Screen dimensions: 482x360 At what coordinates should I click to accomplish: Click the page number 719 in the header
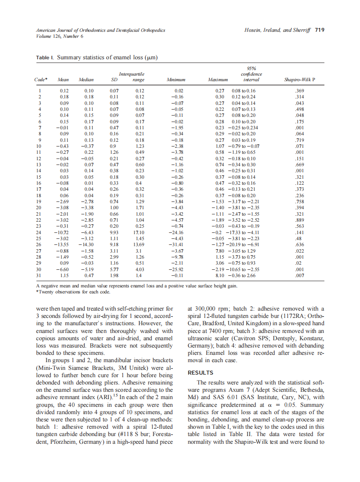click(319, 31)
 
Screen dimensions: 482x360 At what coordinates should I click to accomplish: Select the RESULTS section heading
click(201, 372)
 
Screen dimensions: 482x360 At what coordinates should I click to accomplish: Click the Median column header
click(86, 80)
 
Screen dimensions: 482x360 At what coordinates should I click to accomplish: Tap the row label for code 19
click(40, 201)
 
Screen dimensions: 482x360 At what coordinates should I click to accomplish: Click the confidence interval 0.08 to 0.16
click(244, 91)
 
